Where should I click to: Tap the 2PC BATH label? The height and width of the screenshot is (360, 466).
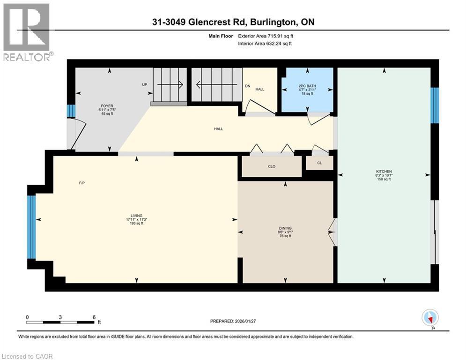[307, 86]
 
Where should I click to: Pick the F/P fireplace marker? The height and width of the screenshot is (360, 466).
[81, 183]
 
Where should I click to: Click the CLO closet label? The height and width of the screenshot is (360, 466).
[272, 166]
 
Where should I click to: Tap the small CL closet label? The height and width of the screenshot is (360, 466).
[319, 163]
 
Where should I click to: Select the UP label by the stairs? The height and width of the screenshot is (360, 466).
[145, 85]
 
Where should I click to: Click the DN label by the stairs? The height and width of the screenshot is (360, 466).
[248, 86]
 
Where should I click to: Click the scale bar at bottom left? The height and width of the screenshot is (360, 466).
[60, 322]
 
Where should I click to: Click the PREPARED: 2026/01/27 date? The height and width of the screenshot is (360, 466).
[234, 321]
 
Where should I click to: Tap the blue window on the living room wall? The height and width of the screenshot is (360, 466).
[31, 227]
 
